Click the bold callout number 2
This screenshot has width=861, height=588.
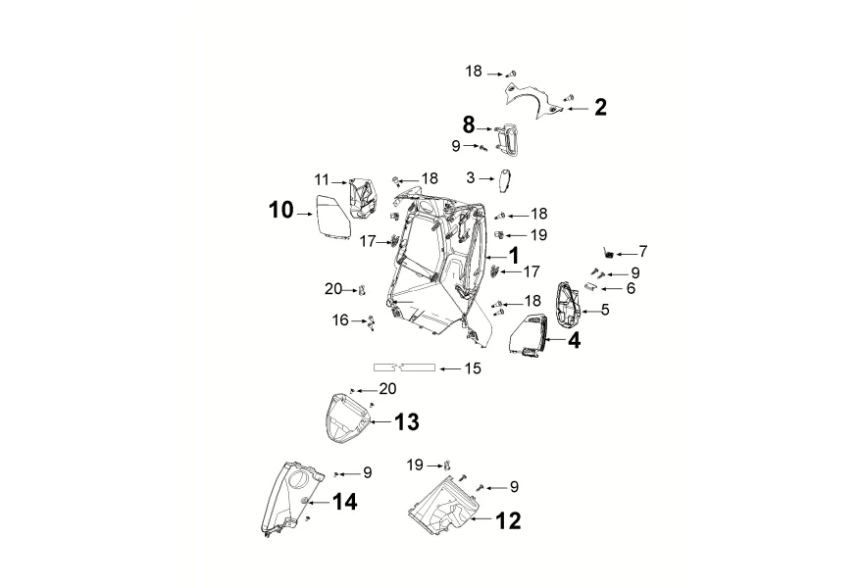(x=601, y=107)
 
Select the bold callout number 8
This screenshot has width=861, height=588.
(x=469, y=125)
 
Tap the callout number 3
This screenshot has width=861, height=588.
(x=470, y=177)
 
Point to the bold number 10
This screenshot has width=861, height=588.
(x=281, y=210)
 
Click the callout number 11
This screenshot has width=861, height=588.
(x=322, y=179)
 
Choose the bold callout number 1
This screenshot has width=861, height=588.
(x=514, y=256)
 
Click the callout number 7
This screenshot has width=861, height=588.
(x=643, y=252)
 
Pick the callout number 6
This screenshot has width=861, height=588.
(x=631, y=288)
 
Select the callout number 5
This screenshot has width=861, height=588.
(x=605, y=310)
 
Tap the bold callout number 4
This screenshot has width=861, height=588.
(x=574, y=341)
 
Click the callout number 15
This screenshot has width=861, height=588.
(x=473, y=368)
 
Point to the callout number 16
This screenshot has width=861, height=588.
(x=340, y=319)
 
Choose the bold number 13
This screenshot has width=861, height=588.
(x=407, y=422)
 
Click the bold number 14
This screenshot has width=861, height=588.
(x=345, y=502)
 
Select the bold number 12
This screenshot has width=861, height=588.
(x=509, y=520)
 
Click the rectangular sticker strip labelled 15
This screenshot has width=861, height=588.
(x=405, y=367)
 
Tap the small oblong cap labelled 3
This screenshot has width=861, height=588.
(x=505, y=181)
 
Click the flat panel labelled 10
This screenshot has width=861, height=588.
(x=333, y=219)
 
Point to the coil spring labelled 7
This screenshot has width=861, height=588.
(x=608, y=252)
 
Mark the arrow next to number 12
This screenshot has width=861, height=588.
(x=481, y=518)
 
